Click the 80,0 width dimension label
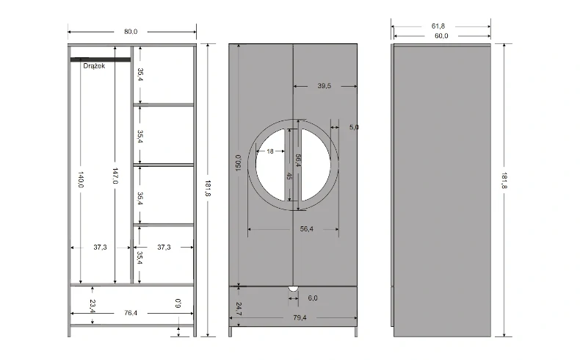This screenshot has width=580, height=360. tap(131, 32)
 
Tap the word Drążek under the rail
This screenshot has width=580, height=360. tap(94, 66)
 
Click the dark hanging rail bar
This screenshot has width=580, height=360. tap(101, 60)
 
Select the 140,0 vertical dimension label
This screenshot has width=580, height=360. tap(81, 179)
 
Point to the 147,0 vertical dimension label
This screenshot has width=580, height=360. tap(115, 176)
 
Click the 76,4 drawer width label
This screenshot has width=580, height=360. tap(131, 313)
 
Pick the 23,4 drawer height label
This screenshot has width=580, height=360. tap(93, 306)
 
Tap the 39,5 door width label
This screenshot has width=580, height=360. tap(324, 86)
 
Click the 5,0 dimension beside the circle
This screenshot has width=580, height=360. tap(354, 127)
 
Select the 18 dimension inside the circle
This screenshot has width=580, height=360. tap(270, 151)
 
